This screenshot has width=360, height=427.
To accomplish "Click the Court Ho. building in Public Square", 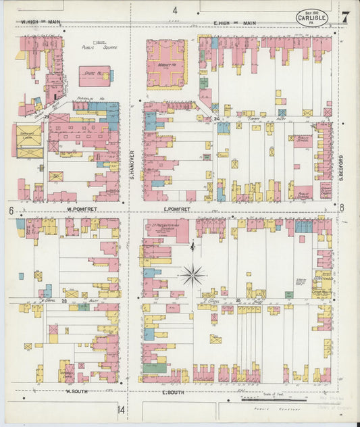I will point(95,75).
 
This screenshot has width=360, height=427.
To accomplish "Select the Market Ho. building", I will point(166,64).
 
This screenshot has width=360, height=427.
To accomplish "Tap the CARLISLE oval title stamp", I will point(313,18).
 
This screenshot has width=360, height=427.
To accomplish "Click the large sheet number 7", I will point(345,17).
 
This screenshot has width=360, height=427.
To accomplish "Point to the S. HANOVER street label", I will point(132,164).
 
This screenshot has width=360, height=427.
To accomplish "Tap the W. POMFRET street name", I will point(82,209).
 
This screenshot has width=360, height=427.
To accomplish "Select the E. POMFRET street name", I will point(178,209).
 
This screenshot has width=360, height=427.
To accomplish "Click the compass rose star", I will point(193,275).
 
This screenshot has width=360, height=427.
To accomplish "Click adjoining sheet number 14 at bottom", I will point(120,410).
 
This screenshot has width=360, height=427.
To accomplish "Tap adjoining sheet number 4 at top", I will point(174,10).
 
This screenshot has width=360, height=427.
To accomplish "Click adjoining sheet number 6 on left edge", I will point(11,210).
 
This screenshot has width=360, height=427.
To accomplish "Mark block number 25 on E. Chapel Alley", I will point(238,299).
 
